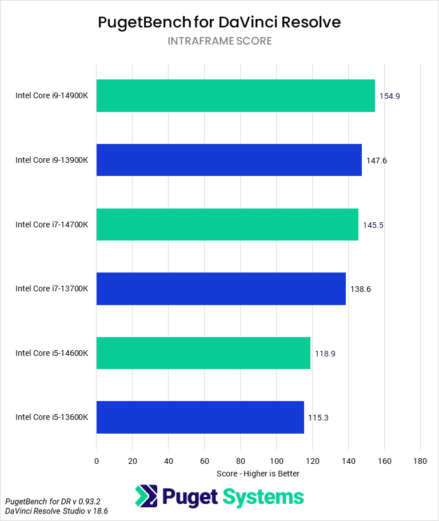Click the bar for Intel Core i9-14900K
pos(236,96)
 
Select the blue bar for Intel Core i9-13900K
pos(229,160)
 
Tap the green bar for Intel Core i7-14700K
pos(227,225)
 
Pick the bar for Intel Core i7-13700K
pos(221,288)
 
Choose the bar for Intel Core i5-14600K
pos(203,353)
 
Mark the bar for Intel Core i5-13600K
pos(200,417)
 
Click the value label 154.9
pos(389,96)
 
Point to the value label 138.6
pos(361,289)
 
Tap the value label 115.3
pos(318,418)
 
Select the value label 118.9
pos(325,354)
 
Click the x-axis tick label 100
pos(276,461)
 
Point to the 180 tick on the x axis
pos(420,461)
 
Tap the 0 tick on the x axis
pos(97,461)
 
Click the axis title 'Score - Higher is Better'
pos(258,474)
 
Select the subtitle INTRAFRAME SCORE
pos(219,41)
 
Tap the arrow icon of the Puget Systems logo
pos(146,496)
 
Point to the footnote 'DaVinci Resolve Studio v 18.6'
pos(57,511)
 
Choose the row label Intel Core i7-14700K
pos(51,225)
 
